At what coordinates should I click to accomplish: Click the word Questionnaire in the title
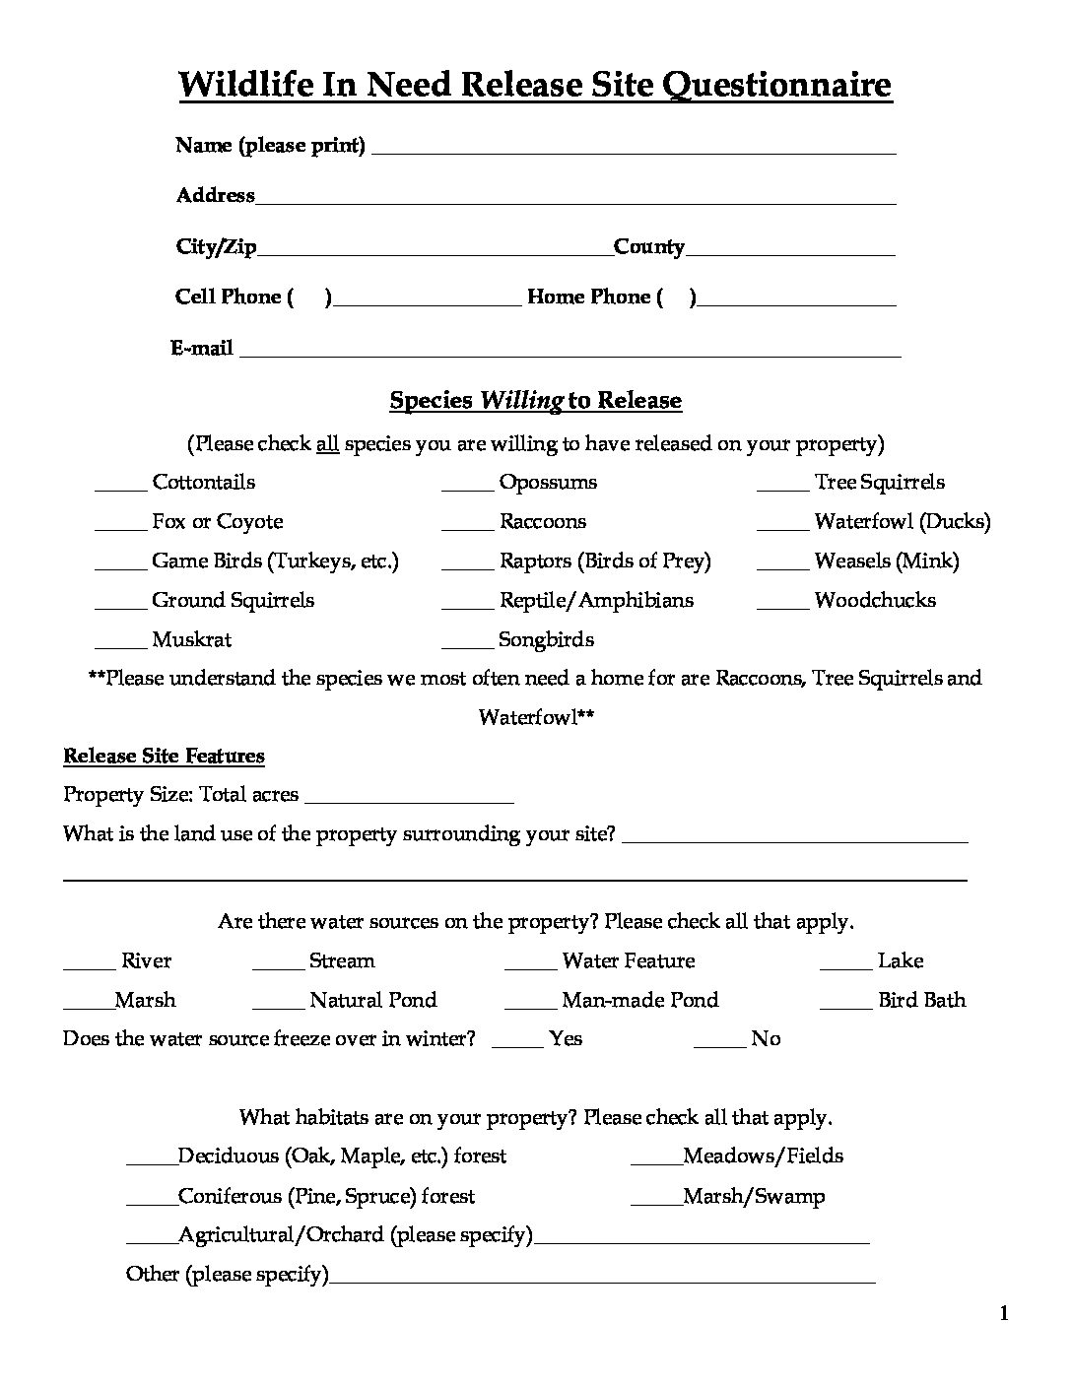click(x=777, y=86)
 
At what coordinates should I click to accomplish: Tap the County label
click(x=648, y=247)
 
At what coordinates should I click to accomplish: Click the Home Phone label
click(x=588, y=297)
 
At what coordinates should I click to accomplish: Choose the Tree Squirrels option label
click(x=879, y=483)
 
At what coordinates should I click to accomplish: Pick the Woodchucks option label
click(x=875, y=601)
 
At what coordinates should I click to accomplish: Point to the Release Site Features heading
click(x=164, y=757)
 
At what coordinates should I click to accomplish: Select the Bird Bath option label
click(x=921, y=1001)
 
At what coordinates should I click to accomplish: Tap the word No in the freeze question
click(x=766, y=1039)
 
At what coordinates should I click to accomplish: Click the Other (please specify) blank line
click(x=602, y=1278)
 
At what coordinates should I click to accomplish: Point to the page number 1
click(x=1004, y=1313)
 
